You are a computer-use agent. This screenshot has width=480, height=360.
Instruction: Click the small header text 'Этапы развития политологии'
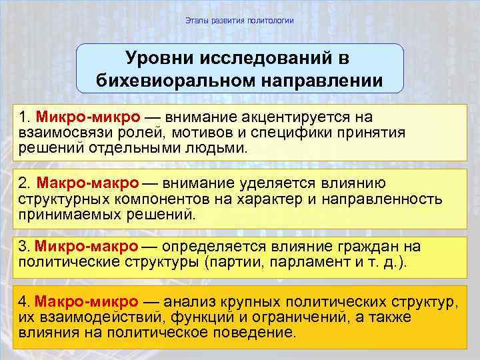click(239, 21)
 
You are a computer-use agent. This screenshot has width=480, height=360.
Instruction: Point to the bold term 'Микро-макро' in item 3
click(87, 247)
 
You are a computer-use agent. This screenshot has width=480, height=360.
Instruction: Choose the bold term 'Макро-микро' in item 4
click(87, 302)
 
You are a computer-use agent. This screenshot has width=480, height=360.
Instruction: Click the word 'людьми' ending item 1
click(221, 147)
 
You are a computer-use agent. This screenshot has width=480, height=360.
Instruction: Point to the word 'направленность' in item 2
click(383, 198)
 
